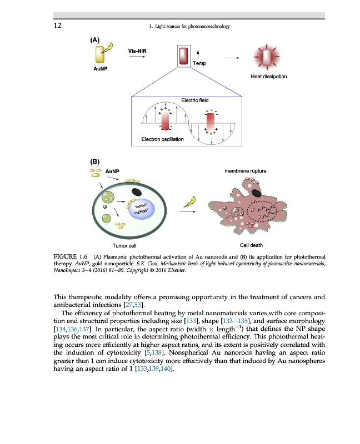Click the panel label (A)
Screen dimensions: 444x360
click(x=95, y=39)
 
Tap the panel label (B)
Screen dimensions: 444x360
click(x=95, y=162)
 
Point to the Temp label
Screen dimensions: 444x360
click(x=199, y=63)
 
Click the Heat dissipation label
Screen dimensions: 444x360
click(x=269, y=77)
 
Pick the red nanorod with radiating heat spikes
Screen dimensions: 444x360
click(x=268, y=57)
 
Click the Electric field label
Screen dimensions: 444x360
click(x=194, y=100)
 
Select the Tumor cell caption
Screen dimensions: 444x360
click(x=124, y=245)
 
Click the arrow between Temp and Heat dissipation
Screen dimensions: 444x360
click(x=232, y=58)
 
